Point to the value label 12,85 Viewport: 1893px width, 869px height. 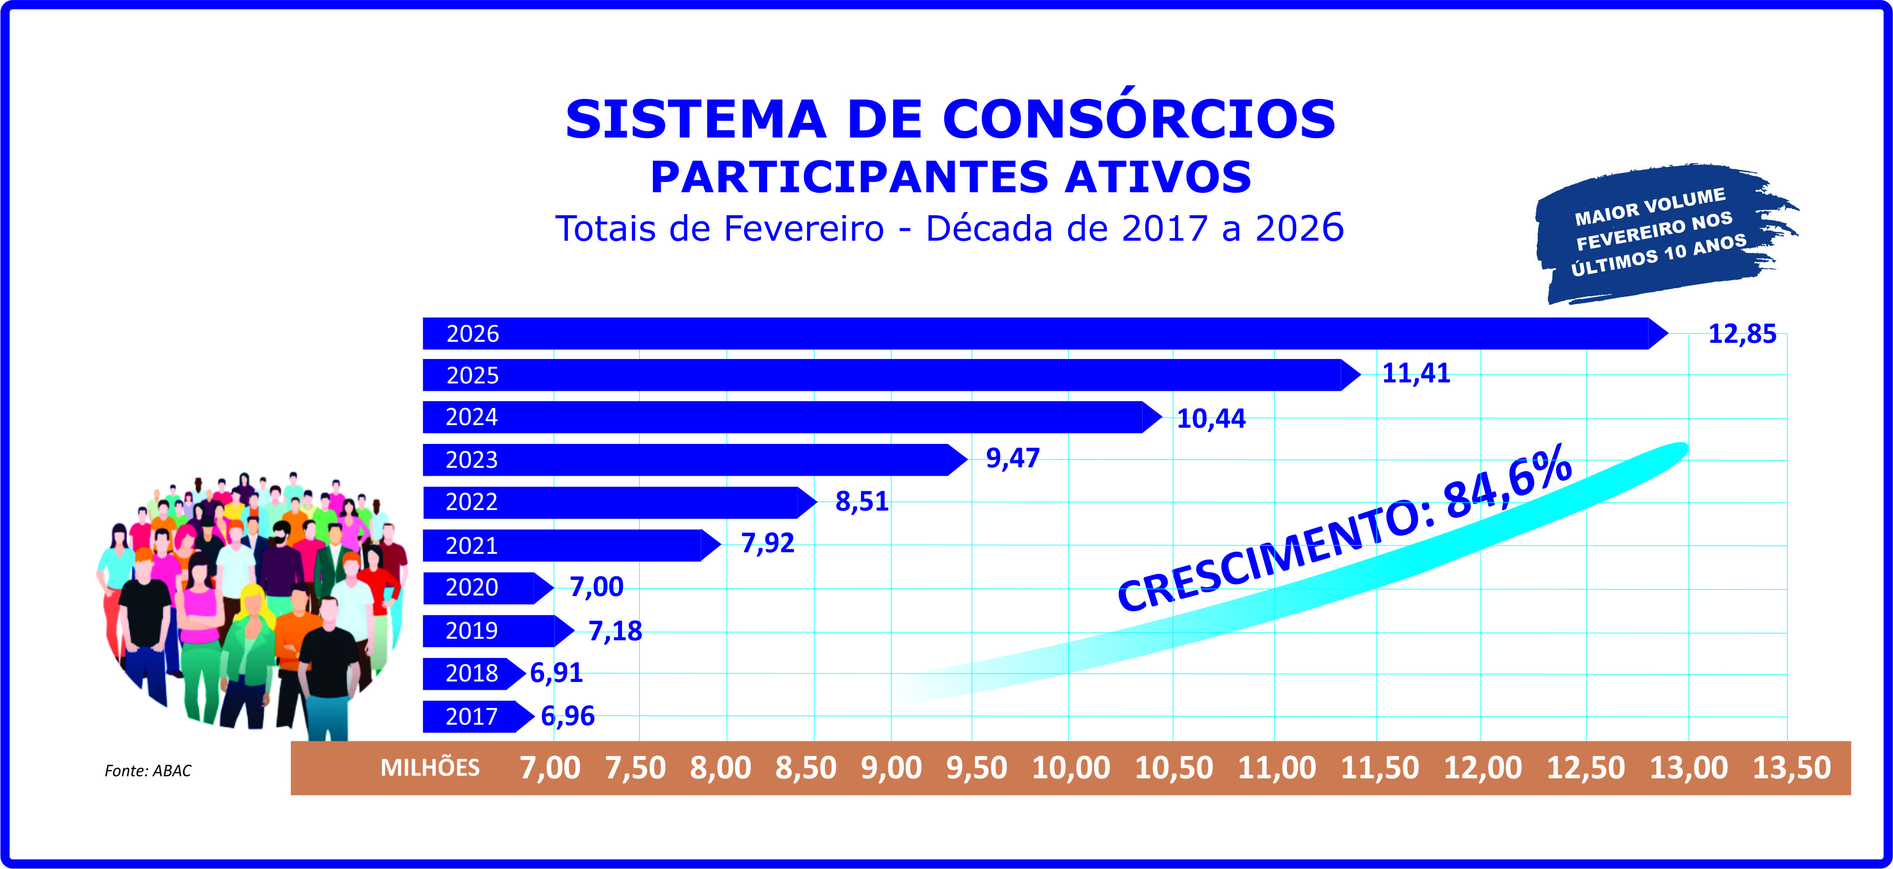point(1741,334)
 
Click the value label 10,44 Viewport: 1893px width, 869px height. point(1211,419)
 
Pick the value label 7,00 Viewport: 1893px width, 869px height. point(596,587)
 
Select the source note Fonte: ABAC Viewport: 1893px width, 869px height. point(147,771)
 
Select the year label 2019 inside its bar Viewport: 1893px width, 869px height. point(472,631)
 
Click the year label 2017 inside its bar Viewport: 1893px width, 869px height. point(472,716)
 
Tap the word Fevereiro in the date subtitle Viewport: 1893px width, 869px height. point(803,229)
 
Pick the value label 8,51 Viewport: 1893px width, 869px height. point(861,502)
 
